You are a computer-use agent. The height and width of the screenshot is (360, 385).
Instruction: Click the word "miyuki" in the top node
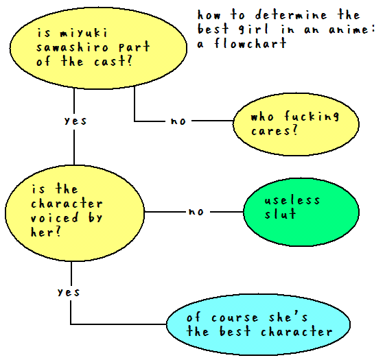(84, 34)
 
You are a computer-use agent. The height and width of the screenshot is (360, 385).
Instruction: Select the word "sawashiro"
(72, 47)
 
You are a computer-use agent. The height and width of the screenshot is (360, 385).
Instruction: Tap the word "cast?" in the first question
(113, 61)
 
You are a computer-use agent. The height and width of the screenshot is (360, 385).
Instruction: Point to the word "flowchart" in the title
(250, 43)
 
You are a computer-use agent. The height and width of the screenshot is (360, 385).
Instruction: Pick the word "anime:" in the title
(352, 29)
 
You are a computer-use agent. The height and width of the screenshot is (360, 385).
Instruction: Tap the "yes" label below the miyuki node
(75, 121)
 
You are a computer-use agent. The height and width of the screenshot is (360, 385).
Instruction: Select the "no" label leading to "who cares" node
(178, 121)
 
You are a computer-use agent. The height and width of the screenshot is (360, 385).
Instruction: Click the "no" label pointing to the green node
(196, 211)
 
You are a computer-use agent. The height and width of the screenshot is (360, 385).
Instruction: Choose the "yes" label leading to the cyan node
(69, 292)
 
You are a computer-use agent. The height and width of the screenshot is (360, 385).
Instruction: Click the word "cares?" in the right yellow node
(275, 130)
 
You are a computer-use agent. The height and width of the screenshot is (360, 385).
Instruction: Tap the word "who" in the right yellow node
(262, 117)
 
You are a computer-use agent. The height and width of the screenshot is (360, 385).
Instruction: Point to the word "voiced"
(54, 217)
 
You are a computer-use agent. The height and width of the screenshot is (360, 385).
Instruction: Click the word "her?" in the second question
(46, 232)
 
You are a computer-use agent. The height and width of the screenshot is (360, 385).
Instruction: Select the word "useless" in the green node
(292, 200)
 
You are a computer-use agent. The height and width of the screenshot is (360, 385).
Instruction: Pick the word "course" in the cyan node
(235, 317)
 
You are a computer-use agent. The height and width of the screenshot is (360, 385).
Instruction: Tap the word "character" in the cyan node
(296, 331)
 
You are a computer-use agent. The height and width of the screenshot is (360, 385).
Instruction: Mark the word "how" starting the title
(209, 14)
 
